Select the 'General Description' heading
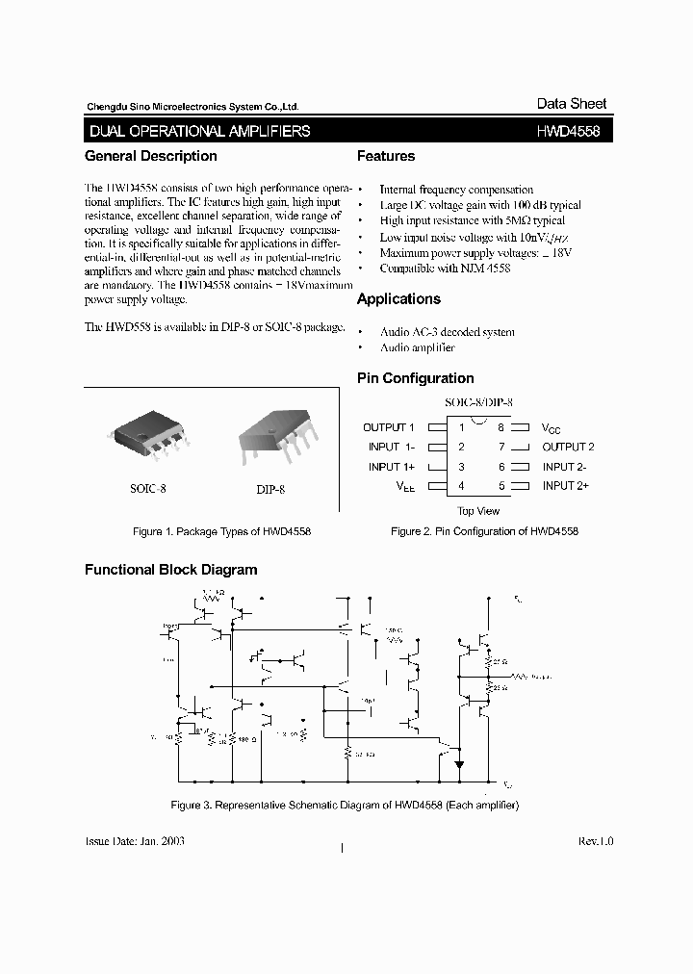point(151,156)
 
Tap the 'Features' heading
point(386,156)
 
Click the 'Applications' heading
point(398,299)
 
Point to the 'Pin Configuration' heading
point(415,378)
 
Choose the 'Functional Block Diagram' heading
point(171,570)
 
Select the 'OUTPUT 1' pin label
point(389,427)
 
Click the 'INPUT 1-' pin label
point(392,447)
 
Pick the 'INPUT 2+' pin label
point(565,486)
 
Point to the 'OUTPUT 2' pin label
point(568,447)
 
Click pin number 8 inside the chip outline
point(500,427)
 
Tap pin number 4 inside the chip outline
point(462,486)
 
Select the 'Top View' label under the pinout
point(478,511)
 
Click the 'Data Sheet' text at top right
point(572,104)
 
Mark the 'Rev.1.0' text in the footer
point(595,841)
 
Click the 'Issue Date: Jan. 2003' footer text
point(135,841)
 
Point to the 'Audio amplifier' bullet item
point(417,347)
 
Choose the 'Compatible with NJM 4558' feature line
point(445,269)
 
